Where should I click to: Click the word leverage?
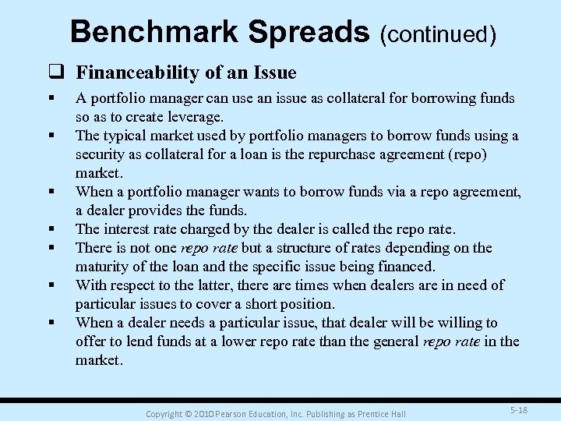coord(196,117)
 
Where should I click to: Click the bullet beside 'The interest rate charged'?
coord(50,229)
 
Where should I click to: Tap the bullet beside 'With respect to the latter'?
coord(50,285)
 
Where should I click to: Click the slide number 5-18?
coord(518,409)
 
